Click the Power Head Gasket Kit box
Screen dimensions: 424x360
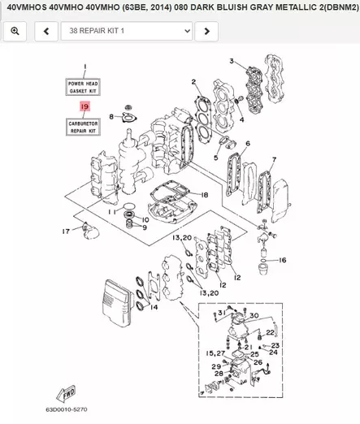coord(83,87)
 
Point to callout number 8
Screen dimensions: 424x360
coord(112,117)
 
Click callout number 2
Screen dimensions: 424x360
coord(194,83)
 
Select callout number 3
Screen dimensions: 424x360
coord(231,61)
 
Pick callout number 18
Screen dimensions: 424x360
coord(205,195)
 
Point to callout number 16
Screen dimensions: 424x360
coord(283,260)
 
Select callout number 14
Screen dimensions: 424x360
coord(155,309)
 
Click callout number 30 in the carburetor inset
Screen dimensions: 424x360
coord(254,315)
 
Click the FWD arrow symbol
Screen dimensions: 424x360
coord(69,390)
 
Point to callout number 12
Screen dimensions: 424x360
coord(236,278)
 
